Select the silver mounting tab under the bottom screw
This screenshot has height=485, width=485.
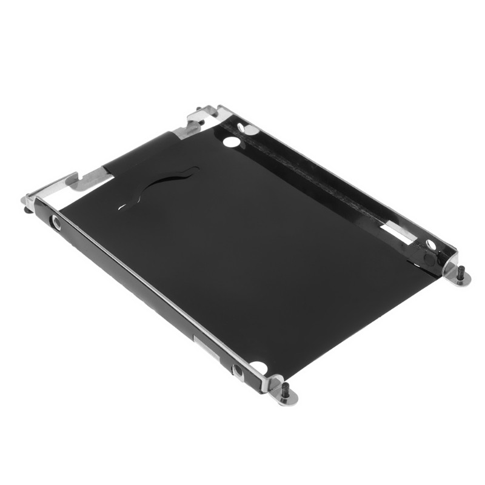[x=286, y=396]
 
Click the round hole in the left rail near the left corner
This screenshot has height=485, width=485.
[x=56, y=223]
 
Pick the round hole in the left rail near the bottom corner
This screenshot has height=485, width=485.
[x=238, y=371]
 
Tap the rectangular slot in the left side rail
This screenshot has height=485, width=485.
[x=203, y=345]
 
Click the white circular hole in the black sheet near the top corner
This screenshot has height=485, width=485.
[x=231, y=142]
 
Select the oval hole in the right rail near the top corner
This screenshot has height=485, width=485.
[x=248, y=129]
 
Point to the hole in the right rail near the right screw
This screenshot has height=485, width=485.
[x=430, y=244]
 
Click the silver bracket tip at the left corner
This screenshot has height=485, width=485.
[x=29, y=200]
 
